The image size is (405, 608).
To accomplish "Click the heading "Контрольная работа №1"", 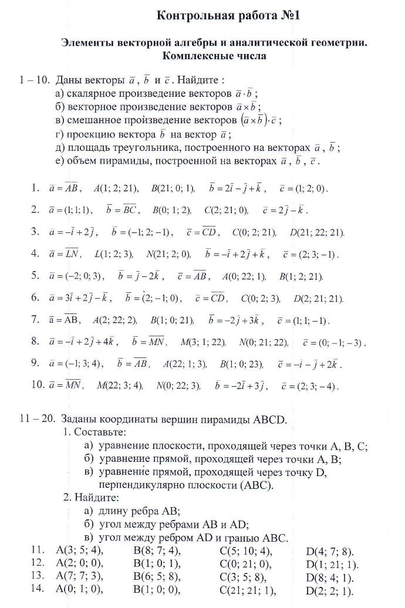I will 228,16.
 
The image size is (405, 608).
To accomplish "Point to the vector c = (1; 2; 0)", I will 304,188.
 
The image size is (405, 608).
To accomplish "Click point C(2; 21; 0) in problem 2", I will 226,210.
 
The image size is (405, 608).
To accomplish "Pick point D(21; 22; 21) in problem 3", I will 317,232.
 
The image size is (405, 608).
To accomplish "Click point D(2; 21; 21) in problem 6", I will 318,298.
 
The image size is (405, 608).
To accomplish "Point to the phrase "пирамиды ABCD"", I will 249,420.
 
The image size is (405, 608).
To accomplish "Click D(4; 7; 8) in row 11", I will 330,552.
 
